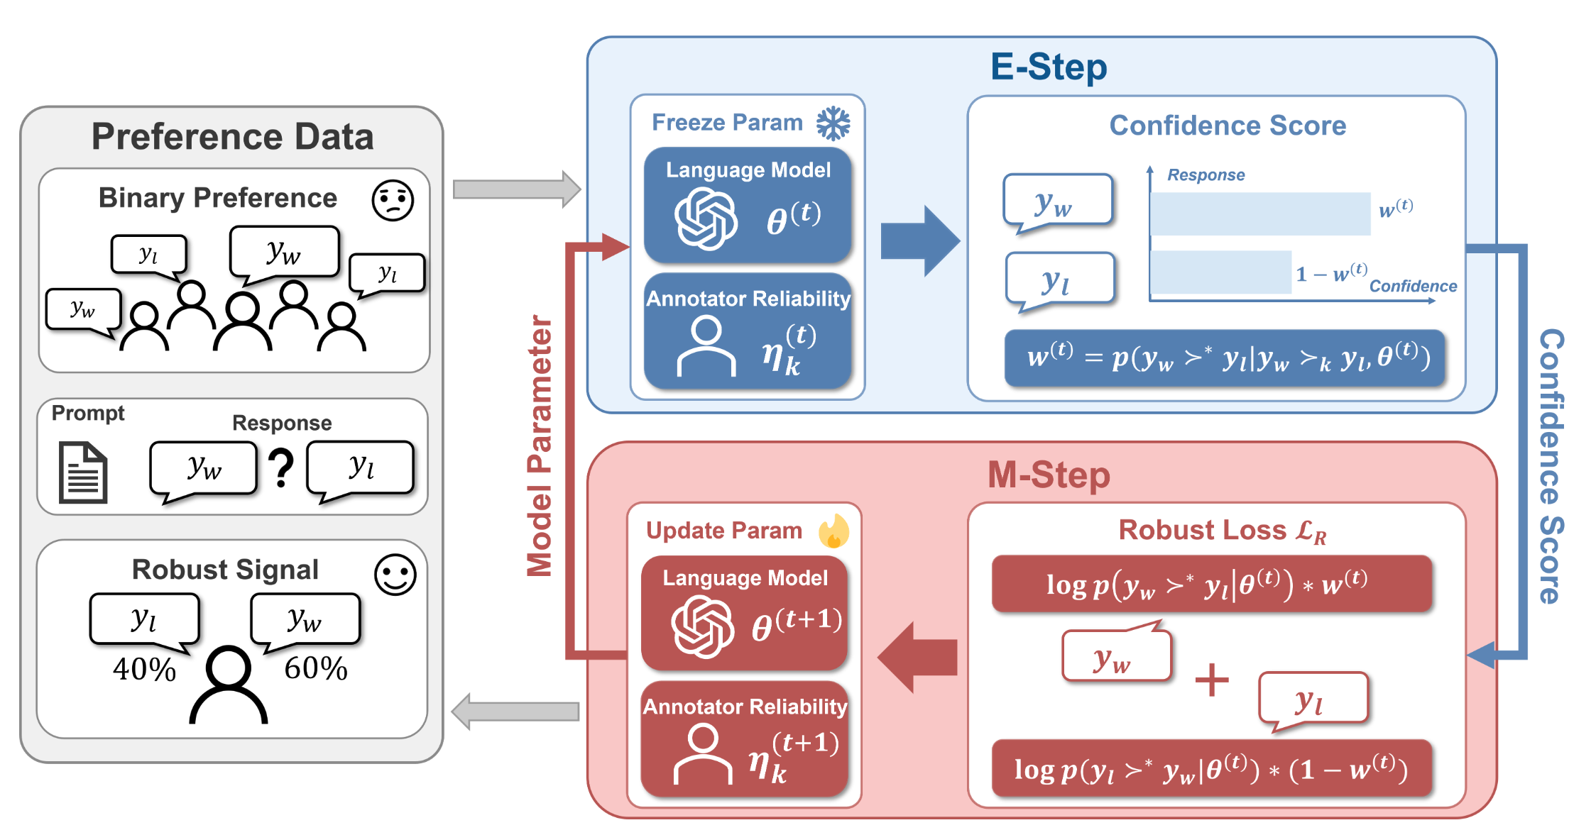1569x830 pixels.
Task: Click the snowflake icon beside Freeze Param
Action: click(x=833, y=123)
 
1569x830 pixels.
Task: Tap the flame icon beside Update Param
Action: click(x=834, y=531)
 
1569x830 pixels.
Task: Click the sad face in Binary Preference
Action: click(x=393, y=200)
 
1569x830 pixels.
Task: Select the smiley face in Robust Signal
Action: click(x=395, y=574)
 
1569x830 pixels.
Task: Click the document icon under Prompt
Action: click(x=83, y=472)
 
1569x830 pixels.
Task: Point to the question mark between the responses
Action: click(x=282, y=468)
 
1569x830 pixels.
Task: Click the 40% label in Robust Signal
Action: click(x=144, y=669)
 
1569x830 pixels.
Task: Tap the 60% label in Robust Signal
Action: click(x=316, y=668)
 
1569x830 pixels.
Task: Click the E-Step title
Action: click(x=1048, y=67)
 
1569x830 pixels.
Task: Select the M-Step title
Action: click(x=1048, y=475)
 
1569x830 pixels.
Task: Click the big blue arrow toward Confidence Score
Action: click(x=919, y=241)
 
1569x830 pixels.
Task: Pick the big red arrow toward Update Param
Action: click(x=918, y=657)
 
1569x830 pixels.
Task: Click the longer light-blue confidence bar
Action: click(x=1259, y=214)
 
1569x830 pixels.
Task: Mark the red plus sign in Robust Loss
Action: click(x=1212, y=680)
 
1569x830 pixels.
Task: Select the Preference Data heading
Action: click(x=232, y=137)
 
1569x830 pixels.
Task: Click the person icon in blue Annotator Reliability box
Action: click(x=706, y=346)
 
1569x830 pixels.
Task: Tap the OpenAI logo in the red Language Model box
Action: click(x=703, y=626)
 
